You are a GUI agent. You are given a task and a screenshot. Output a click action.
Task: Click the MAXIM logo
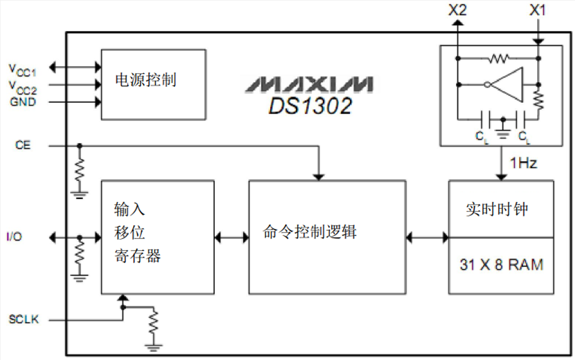309,84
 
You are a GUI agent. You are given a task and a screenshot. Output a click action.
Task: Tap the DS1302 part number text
310,106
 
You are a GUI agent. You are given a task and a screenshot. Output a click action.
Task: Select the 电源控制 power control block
153,84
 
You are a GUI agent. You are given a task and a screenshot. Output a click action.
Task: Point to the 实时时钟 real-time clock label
497,209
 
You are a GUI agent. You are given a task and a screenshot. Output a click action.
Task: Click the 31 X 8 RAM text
501,265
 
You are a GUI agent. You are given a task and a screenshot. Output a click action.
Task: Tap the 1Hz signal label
523,163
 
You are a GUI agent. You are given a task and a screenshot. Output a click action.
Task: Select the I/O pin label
14,236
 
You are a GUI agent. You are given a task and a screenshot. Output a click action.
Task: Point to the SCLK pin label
23,320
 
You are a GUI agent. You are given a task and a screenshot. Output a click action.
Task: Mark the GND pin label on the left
23,102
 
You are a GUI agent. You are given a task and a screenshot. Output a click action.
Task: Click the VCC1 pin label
22,68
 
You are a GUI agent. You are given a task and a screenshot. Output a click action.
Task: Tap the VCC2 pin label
22,85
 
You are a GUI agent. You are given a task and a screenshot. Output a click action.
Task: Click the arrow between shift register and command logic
231,236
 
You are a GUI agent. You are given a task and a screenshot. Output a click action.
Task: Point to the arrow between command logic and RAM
427,236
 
